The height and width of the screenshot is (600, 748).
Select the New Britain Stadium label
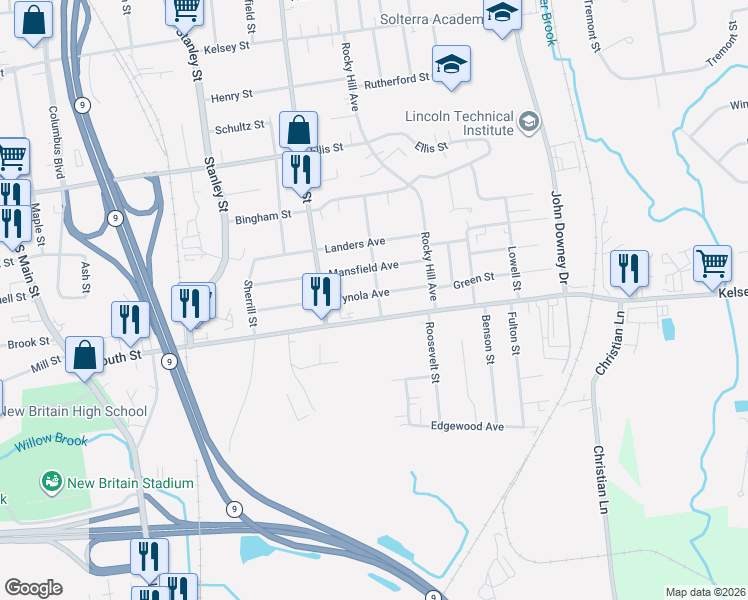point(130,484)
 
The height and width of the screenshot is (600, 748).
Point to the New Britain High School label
point(75,411)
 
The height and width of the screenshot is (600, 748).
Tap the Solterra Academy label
point(431,19)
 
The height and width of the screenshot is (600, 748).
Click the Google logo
point(33,588)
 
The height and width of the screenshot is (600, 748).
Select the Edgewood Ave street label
point(467,426)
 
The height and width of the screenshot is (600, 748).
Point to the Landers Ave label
point(355,243)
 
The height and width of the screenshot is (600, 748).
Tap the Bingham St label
point(263,214)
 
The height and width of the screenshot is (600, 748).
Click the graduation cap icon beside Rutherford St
point(452,65)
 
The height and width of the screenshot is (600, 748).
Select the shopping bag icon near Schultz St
point(298,130)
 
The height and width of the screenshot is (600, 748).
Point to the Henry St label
point(232,96)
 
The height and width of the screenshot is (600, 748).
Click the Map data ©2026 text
point(704,592)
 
